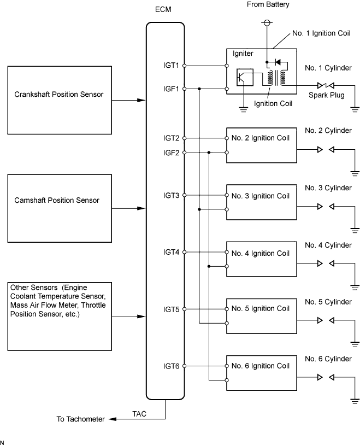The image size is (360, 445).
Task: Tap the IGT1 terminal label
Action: [x=171, y=65]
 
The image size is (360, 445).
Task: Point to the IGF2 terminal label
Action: [x=171, y=153]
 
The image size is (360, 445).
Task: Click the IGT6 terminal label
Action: [x=171, y=366]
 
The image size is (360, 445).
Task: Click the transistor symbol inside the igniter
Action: [x=245, y=77]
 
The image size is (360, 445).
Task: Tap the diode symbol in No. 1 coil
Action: [x=278, y=62]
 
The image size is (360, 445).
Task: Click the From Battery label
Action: [x=268, y=4]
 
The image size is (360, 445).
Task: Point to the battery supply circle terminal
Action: [x=267, y=22]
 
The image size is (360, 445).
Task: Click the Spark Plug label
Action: [x=327, y=95]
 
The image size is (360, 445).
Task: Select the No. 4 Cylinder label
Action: [x=328, y=245]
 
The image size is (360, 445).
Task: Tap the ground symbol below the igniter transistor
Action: [x=244, y=109]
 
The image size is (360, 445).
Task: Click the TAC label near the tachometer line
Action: [x=139, y=414]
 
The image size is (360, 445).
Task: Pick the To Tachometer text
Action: [x=80, y=419]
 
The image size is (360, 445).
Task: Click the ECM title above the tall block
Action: [x=163, y=9]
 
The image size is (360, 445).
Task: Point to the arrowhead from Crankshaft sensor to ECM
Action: [x=141, y=100]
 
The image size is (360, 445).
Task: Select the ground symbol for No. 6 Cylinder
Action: [x=355, y=401]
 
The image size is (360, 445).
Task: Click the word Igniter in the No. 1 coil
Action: [x=243, y=54]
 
